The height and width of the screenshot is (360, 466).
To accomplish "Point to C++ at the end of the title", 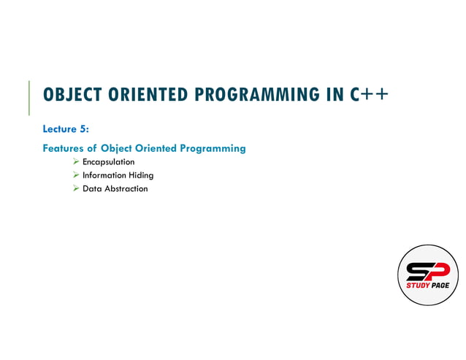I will click(x=367, y=96).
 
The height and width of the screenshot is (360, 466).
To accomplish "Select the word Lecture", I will click(x=61, y=129).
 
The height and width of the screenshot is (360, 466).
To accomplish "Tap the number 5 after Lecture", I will click(x=84, y=129).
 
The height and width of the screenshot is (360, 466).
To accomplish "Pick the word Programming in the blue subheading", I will click(x=213, y=148).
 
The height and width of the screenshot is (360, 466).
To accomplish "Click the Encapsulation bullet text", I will click(x=109, y=161).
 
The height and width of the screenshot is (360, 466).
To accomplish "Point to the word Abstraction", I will click(x=126, y=188).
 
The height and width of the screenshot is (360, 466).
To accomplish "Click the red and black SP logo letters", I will click(x=427, y=271).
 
